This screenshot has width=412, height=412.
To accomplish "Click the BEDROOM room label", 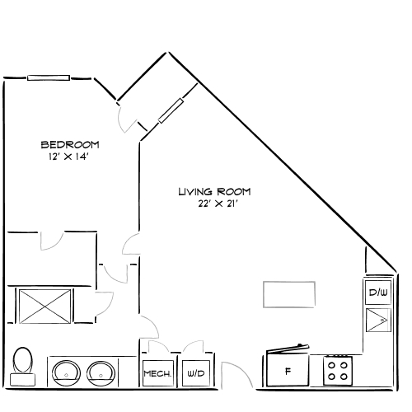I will click(x=70, y=145).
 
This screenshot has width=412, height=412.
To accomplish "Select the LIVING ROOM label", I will click(x=214, y=192).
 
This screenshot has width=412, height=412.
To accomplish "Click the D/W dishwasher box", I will click(x=377, y=293).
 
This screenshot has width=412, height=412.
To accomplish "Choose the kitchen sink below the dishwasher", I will click(x=377, y=318).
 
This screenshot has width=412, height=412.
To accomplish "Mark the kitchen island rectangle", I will click(x=288, y=294).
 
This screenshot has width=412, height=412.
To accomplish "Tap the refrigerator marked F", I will click(x=288, y=371).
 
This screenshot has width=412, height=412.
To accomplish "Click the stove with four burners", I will click(x=336, y=369).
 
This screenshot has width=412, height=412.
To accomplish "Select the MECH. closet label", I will click(x=157, y=374).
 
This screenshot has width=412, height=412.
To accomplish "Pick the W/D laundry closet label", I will click(x=195, y=374).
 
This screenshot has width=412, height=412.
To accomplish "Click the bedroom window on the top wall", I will click(x=48, y=78).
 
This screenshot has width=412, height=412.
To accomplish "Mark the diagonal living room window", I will click(x=171, y=110).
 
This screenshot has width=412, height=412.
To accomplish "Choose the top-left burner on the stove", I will click(x=330, y=363).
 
